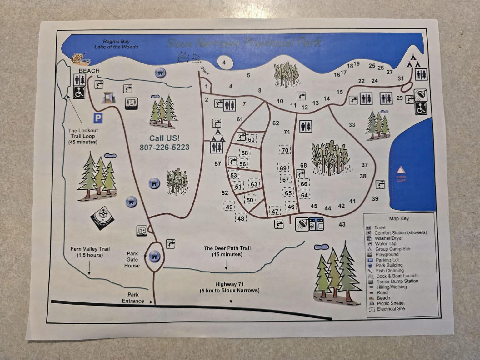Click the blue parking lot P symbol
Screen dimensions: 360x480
tap(98, 118)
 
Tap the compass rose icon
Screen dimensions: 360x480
tap(102, 217)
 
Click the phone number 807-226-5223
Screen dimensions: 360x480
tap(164, 147)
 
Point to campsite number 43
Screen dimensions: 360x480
tap(342, 224)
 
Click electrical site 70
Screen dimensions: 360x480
tap(285, 150)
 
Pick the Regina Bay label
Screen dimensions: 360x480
tap(116, 42)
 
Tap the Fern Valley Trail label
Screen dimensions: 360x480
tap(90, 249)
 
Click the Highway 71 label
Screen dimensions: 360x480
tap(229, 284)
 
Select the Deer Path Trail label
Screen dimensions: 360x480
tap(227, 248)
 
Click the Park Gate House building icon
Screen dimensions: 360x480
tap(154, 256)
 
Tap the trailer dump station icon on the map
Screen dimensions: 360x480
tap(142, 231)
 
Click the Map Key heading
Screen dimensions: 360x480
tap(399, 219)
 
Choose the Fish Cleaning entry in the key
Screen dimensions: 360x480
tap(390, 271)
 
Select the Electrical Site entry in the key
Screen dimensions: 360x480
tap(391, 309)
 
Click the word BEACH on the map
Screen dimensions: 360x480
tap(89, 71)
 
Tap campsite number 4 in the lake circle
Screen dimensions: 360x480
tap(224, 62)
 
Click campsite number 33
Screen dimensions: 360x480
tap(352, 125)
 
